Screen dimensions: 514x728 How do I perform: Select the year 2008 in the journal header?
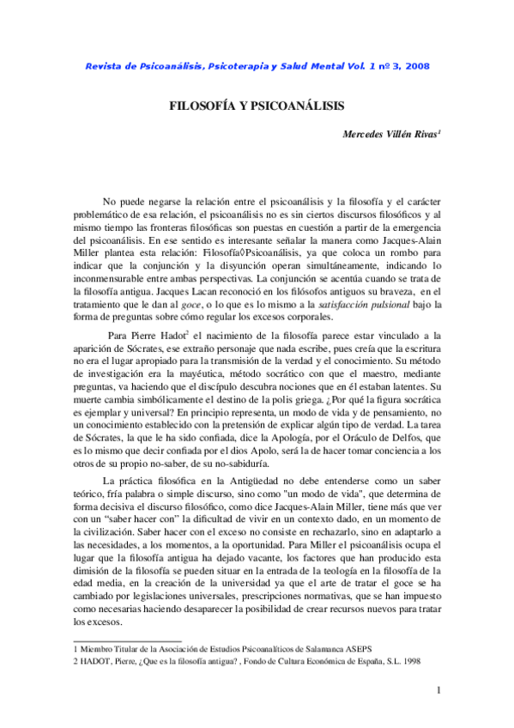click(415, 66)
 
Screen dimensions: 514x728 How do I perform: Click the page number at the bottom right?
click(438, 692)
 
